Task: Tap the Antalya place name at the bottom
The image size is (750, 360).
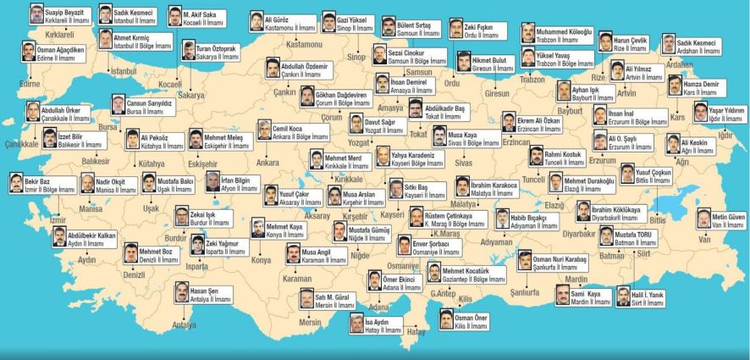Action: click(x=183, y=324)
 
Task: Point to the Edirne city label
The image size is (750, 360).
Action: click(x=30, y=84)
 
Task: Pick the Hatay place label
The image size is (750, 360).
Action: click(x=416, y=331)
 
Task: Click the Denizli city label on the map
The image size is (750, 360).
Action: click(x=135, y=275)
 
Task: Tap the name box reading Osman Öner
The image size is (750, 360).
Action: click(x=471, y=320)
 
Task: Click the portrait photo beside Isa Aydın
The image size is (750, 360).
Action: click(x=356, y=324)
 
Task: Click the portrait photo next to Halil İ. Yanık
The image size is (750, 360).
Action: click(x=624, y=296)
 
